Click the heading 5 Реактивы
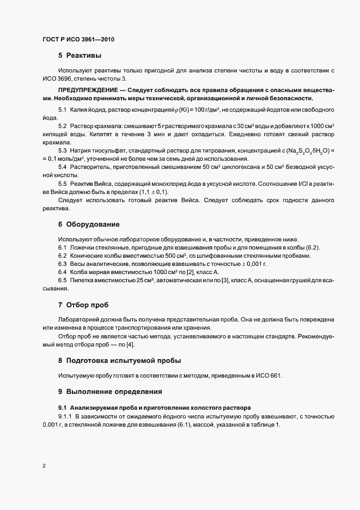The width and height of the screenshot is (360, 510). (x=80, y=56)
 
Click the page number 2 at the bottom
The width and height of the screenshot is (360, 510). (x=44, y=465)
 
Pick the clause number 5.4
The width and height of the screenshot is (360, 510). (x=63, y=167)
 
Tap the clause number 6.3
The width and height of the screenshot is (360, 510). (x=63, y=264)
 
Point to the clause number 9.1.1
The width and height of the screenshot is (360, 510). (x=65, y=416)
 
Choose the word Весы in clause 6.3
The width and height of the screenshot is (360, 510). (x=77, y=264)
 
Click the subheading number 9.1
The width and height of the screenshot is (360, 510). (x=63, y=408)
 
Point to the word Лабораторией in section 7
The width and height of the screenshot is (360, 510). (x=80, y=319)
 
